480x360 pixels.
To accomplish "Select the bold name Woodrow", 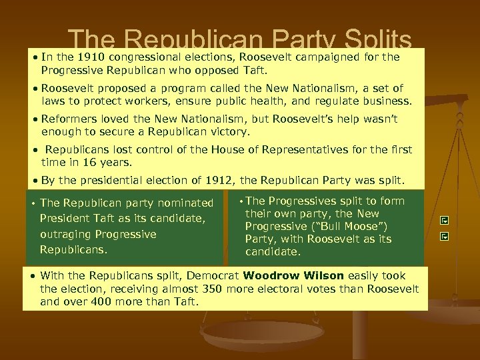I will point(270,276).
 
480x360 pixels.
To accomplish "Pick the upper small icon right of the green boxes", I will point(444,220).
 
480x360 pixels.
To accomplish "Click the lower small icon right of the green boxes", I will point(444,236).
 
